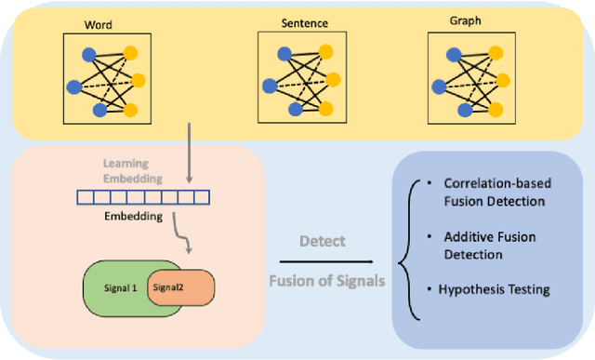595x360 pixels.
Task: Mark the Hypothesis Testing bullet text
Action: tap(494, 289)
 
